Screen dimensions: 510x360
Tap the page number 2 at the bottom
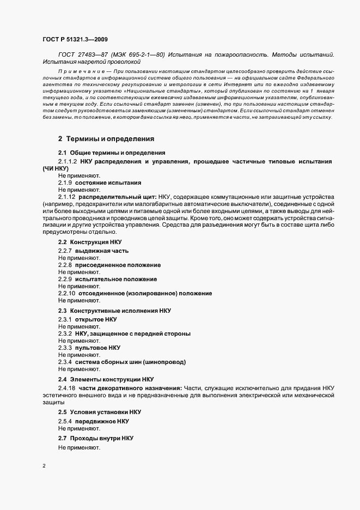point(44,466)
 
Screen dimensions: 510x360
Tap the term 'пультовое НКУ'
point(97,348)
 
